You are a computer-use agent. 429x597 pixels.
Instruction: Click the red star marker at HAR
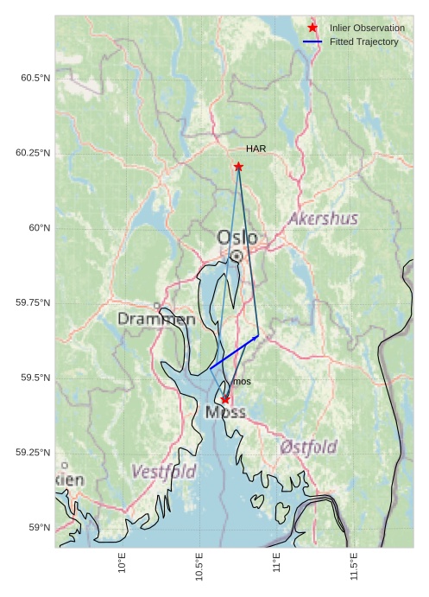(238, 167)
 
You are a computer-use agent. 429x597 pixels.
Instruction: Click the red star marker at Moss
(225, 399)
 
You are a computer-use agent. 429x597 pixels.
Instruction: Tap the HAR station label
(256, 149)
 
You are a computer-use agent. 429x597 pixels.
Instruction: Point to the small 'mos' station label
(243, 382)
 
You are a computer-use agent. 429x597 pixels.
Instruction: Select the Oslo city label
(237, 237)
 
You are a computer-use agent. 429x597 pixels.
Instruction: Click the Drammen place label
(156, 319)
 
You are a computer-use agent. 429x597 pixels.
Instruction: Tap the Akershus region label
(323, 219)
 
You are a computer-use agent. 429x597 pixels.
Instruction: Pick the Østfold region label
(308, 447)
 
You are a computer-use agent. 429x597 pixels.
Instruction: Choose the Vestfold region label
(163, 472)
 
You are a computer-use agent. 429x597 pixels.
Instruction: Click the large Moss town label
(225, 413)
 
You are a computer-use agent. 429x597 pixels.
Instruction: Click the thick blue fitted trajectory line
(234, 352)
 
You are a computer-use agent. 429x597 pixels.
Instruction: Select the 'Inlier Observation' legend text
(367, 29)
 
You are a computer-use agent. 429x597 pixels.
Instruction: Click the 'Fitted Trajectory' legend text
(364, 41)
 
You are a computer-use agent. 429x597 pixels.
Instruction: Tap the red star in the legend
(312, 28)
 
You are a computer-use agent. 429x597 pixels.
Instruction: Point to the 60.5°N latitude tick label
(35, 79)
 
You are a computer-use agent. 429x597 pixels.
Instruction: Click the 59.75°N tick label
(33, 303)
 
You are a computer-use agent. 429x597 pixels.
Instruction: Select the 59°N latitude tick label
(39, 528)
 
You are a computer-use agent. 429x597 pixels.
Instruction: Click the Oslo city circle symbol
(237, 256)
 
